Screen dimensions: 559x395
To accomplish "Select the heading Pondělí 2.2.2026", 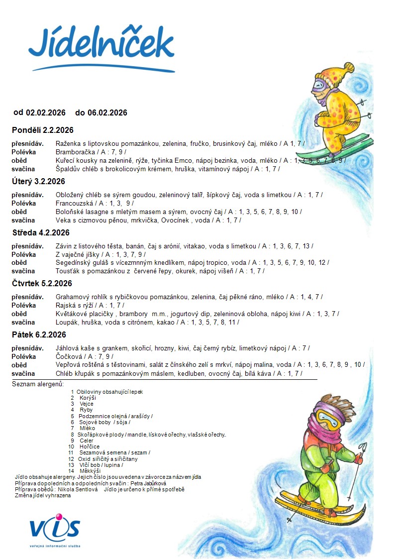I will (x=43, y=130).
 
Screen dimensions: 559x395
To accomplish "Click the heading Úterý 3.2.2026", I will (x=38, y=181).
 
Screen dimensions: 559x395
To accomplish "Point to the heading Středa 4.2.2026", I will (x=41, y=232).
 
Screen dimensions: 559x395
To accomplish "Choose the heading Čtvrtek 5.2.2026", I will (x=42, y=284).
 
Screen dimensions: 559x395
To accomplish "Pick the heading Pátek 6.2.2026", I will (x=39, y=335).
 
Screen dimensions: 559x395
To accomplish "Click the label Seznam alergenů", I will (x=38, y=384).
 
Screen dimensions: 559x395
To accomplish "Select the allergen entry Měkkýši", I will (x=90, y=470).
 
